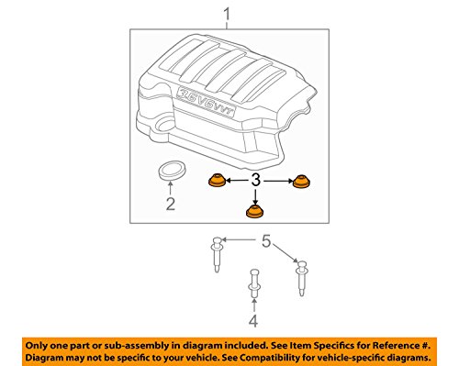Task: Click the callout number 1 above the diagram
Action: pos(227,15)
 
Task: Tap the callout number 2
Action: pos(171,204)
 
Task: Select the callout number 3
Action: pos(255,180)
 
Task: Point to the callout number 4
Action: pos(253,321)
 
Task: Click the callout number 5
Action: pos(266,241)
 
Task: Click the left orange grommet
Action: pos(217,180)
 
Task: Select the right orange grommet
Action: pos(302,182)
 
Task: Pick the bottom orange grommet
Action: pos(255,212)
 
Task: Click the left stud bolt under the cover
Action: pos(216,254)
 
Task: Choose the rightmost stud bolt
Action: pos(301,278)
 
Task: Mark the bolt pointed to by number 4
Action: pos(254,283)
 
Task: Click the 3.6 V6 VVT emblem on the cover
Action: pos(206,102)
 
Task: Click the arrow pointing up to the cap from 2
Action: pos(171,187)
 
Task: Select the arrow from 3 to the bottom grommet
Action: pos(255,197)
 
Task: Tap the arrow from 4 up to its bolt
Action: pos(253,305)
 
